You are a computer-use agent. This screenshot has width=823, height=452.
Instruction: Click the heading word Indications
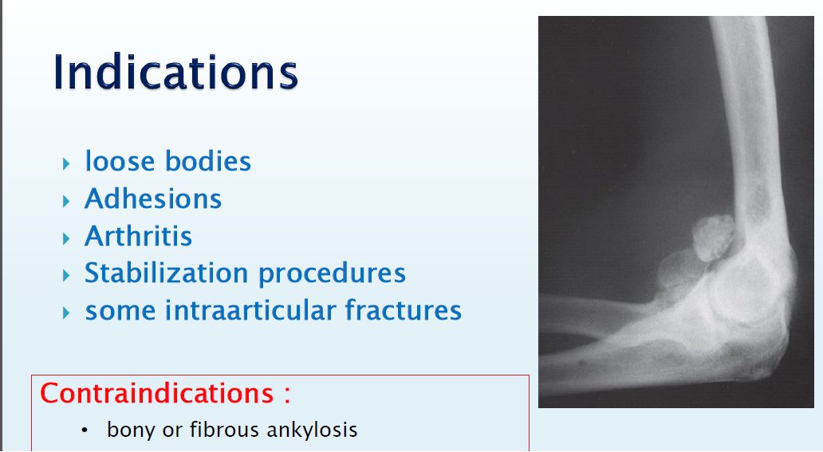click(175, 72)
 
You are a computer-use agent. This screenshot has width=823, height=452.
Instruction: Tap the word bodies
click(208, 161)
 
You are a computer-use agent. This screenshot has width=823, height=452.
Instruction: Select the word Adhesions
click(153, 198)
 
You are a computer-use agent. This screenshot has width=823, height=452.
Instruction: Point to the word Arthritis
click(139, 236)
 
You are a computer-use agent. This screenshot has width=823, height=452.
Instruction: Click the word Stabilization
click(167, 273)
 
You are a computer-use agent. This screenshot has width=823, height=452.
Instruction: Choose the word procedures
click(332, 274)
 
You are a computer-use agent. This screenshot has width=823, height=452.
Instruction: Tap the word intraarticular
click(250, 310)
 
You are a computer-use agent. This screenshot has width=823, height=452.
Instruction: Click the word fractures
click(403, 310)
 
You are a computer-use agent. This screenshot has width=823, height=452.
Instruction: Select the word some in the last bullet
click(120, 312)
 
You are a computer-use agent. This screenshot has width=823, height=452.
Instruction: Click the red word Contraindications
click(157, 393)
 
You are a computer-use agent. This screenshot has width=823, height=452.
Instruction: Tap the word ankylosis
click(313, 430)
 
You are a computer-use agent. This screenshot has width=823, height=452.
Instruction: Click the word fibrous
click(224, 430)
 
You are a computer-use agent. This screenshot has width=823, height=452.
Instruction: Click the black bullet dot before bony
click(85, 430)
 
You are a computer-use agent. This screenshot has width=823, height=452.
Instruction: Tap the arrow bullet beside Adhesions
click(66, 201)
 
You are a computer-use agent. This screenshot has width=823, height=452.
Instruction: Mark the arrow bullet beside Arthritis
click(66, 239)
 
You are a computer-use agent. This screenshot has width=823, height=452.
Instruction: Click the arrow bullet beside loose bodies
click(66, 163)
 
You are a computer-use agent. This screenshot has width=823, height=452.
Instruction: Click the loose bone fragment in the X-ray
click(714, 238)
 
